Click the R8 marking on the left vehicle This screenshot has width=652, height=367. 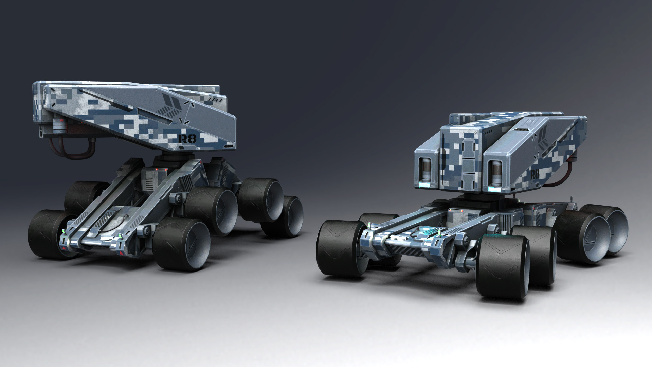[187, 138]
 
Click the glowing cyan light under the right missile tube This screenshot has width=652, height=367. [494, 187]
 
